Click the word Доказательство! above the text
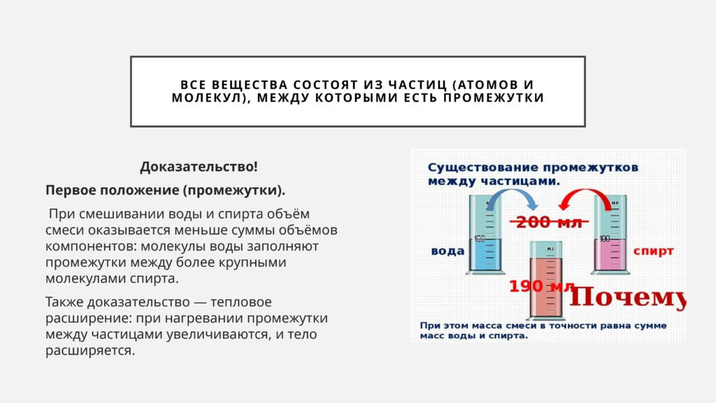(x=199, y=167)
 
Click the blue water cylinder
(x=485, y=234)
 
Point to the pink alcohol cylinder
(x=610, y=234)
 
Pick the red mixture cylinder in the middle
(x=546, y=281)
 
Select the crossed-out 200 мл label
(x=549, y=222)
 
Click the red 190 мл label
(x=542, y=286)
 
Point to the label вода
(x=447, y=251)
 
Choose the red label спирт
(x=653, y=251)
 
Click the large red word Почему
(x=627, y=297)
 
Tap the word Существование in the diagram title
(x=483, y=168)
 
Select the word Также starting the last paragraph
(x=64, y=302)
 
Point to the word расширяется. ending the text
(x=90, y=351)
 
